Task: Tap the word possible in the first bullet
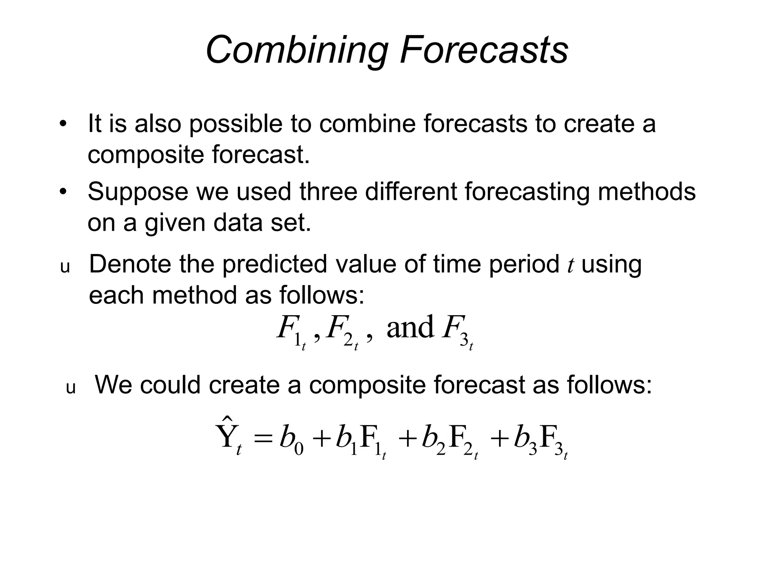[235, 124]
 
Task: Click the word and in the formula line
[410, 327]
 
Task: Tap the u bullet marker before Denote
[65, 267]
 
